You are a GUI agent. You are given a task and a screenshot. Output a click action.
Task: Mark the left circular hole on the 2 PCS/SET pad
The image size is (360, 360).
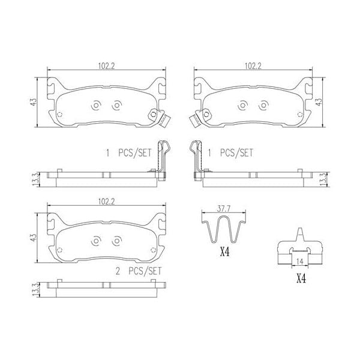coord(96,242)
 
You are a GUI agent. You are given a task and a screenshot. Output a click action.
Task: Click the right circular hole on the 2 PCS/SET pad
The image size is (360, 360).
coord(116,242)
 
